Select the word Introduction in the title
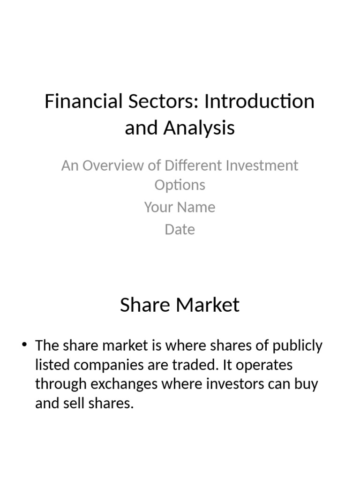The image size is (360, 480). click(259, 101)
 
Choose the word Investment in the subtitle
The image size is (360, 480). click(262, 165)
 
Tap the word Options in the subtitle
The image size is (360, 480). click(180, 185)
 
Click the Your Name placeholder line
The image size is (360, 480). click(180, 207)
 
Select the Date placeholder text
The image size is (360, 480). click(180, 230)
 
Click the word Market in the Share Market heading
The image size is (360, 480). click(210, 305)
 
